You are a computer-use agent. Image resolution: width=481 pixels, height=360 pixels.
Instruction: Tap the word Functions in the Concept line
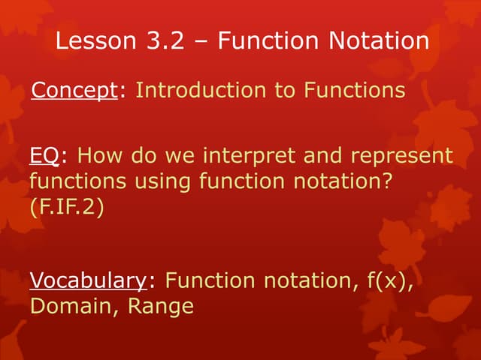[x=354, y=91]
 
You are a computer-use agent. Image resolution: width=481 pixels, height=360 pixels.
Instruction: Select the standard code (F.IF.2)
[x=66, y=207]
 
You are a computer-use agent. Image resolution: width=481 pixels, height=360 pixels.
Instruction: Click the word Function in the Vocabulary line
[x=210, y=281]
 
